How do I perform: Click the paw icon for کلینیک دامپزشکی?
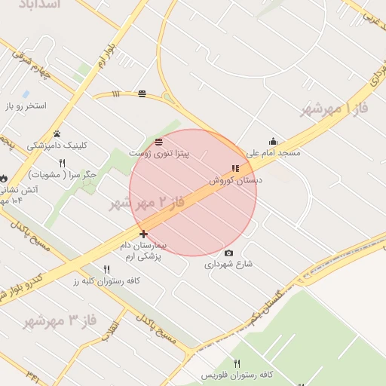[x=57, y=133]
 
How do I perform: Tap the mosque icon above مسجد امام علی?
[x=273, y=141]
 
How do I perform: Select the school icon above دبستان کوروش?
[x=235, y=168]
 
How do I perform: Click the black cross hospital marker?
[x=143, y=234]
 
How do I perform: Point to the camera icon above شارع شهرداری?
[x=228, y=253]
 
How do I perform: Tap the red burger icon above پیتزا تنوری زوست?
[x=158, y=142]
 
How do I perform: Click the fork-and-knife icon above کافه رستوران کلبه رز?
[x=106, y=269]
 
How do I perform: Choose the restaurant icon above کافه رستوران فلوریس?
[x=237, y=363]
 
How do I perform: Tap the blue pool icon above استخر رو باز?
[x=26, y=94]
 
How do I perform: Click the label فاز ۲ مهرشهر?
[x=148, y=202]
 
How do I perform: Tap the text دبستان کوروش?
[x=236, y=181]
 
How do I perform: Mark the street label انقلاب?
[x=111, y=330]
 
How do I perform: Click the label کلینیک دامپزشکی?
[x=57, y=146]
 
